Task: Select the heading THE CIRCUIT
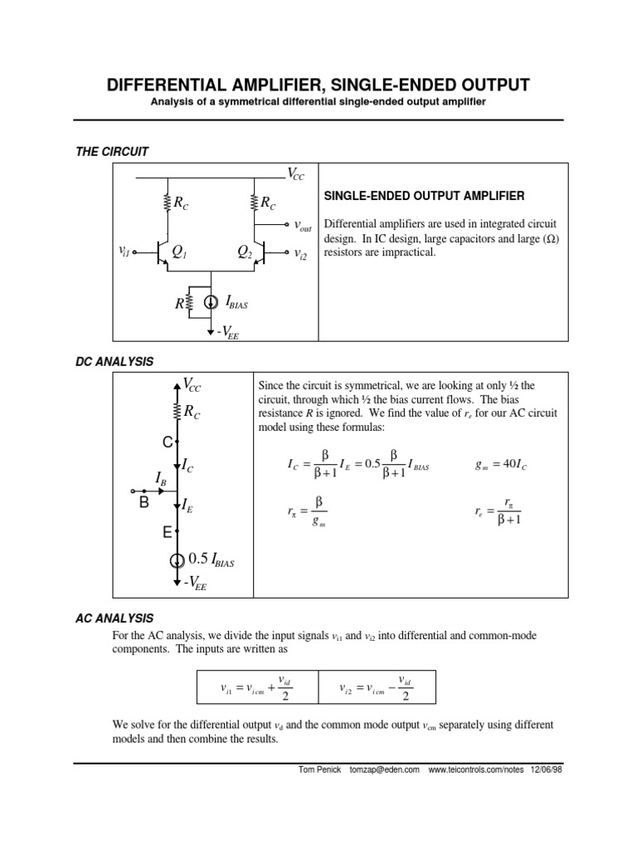pos(111,151)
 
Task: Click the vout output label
pos(303,225)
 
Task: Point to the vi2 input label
pos(300,254)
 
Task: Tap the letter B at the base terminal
pos(143,503)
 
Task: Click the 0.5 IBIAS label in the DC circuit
pos(211,559)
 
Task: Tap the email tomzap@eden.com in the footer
pos(389,769)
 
